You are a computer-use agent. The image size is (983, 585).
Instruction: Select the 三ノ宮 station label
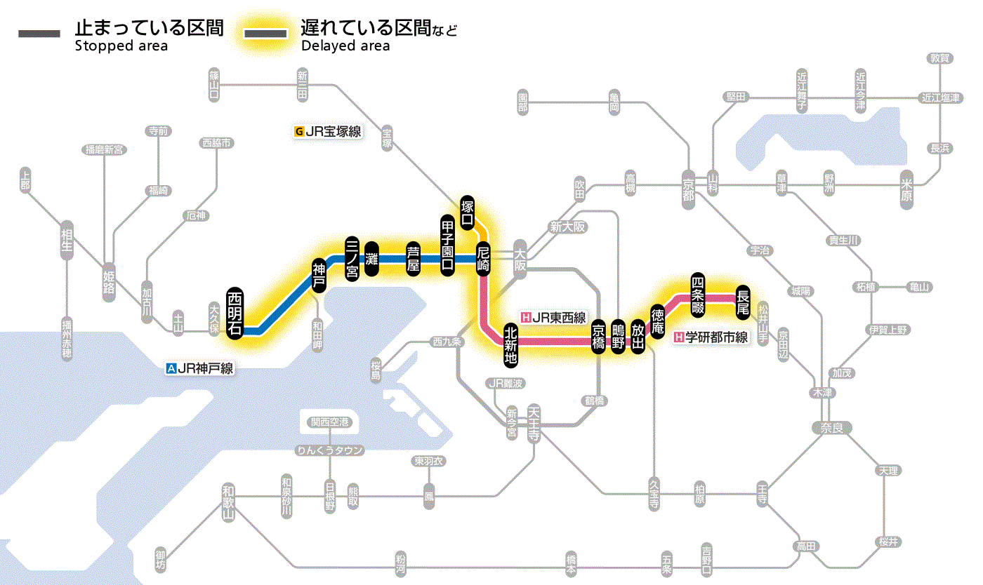click(x=352, y=258)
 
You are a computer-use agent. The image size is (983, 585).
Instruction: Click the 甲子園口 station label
click(x=447, y=245)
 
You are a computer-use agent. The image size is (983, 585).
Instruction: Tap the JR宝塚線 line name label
click(x=328, y=130)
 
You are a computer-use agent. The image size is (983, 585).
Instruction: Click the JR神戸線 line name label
click(x=199, y=368)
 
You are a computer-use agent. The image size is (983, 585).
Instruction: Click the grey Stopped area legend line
click(x=40, y=34)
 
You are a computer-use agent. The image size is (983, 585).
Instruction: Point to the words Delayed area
click(x=345, y=46)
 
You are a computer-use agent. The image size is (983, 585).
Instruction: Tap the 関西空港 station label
click(x=330, y=422)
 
